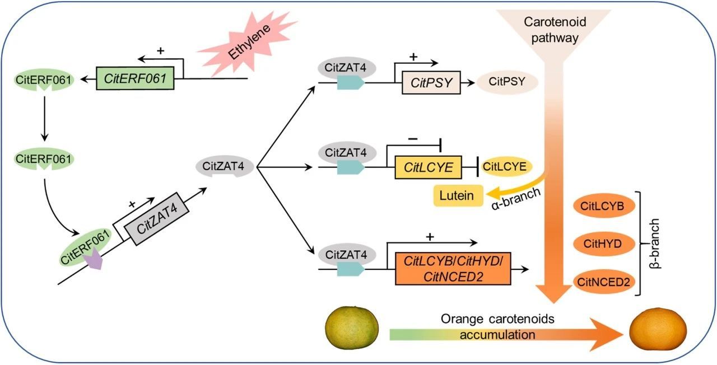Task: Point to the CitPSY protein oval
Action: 507,82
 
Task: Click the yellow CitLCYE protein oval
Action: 507,166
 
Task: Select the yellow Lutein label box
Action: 457,195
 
